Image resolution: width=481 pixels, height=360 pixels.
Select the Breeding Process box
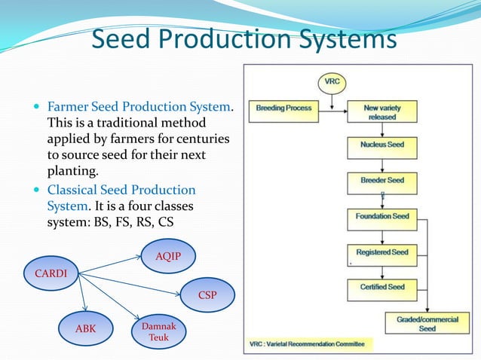[283, 108]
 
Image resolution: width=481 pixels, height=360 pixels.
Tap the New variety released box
[382, 112]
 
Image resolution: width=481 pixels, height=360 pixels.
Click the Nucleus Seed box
[382, 144]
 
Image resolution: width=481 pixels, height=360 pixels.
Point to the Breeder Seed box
[382, 181]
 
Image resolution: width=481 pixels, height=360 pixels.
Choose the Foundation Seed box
[382, 217]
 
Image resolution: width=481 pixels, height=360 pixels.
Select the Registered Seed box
[382, 252]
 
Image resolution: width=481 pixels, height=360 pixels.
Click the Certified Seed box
[382, 287]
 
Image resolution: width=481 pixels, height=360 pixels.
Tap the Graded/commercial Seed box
[427, 324]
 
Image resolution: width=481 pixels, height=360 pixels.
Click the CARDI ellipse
[51, 273]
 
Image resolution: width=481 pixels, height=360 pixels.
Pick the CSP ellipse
[207, 295]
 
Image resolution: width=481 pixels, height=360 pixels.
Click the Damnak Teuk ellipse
[158, 332]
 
